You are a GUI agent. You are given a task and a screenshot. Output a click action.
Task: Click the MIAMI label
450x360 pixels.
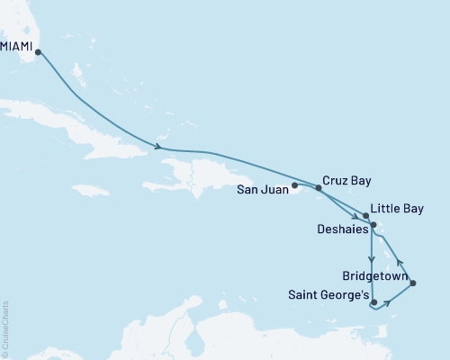tap(17, 41)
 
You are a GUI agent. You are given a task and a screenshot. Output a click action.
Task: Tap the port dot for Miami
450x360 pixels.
tap(37, 52)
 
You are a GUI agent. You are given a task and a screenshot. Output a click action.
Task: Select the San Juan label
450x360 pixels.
tap(262, 189)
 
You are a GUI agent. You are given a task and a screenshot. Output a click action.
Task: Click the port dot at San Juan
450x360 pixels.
tap(294, 186)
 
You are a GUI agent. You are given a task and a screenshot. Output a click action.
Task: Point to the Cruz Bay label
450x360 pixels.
tap(346, 179)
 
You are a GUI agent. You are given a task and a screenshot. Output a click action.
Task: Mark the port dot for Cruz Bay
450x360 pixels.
tap(319, 188)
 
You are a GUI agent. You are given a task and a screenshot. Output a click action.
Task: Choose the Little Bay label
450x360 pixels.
tap(397, 208)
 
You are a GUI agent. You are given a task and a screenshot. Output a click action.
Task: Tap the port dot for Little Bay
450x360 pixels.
tap(365, 216)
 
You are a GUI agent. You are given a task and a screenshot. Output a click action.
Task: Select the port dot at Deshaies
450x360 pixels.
tap(361, 225)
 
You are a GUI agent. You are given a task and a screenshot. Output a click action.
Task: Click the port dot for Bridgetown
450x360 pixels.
tap(412, 283)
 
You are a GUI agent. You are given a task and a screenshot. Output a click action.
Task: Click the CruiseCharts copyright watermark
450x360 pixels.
tap(5, 329)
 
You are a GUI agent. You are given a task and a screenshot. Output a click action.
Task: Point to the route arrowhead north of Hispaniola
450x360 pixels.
tap(158, 147)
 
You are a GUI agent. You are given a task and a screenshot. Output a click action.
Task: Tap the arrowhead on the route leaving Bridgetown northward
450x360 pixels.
tap(398, 264)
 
